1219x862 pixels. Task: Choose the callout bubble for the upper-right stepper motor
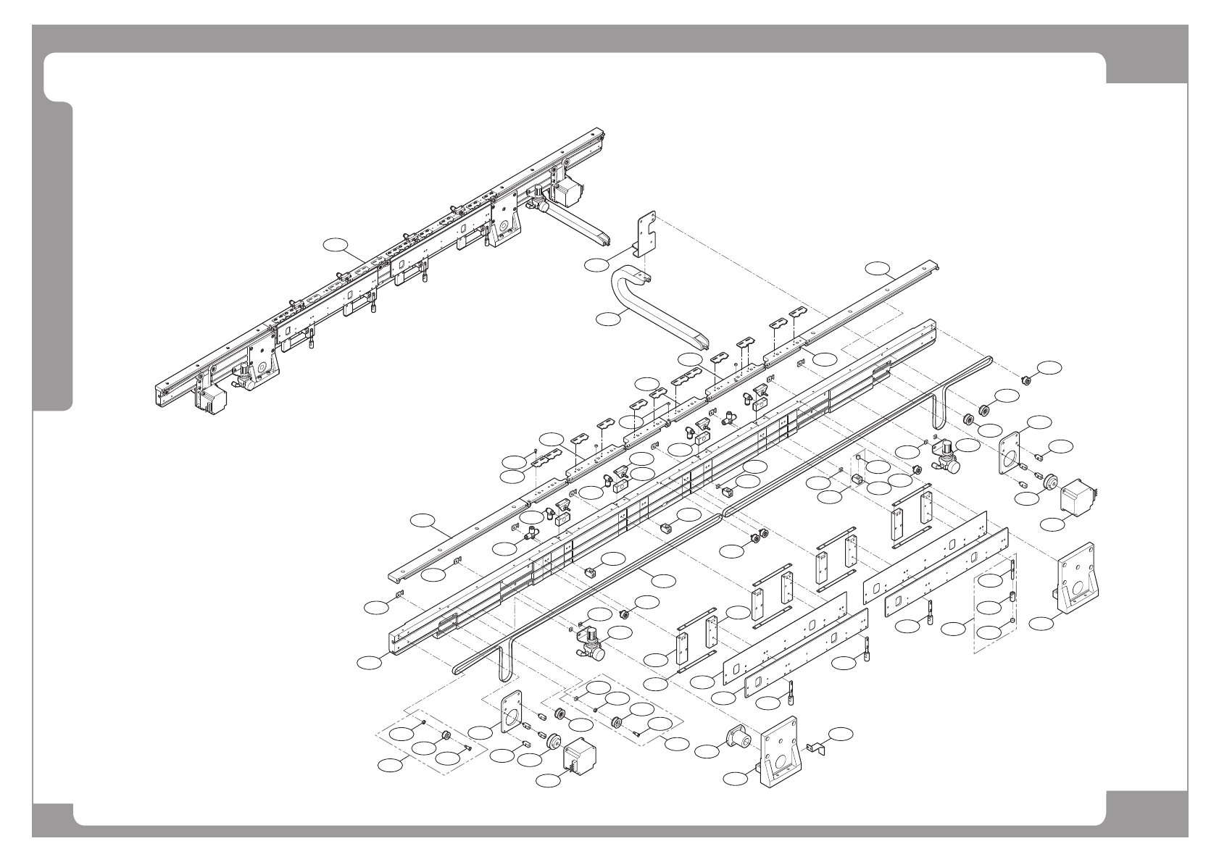click(1052, 522)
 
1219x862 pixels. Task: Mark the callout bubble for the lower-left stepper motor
click(549, 781)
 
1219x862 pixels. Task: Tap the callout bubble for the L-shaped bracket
click(597, 264)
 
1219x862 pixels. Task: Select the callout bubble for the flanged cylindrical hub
click(706, 751)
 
